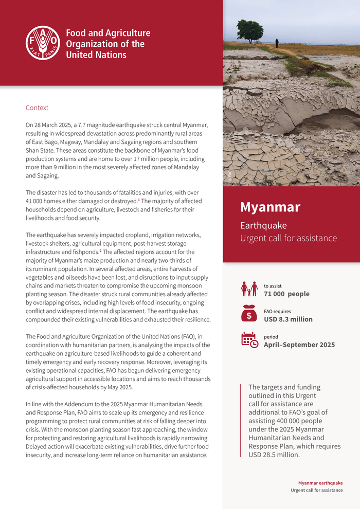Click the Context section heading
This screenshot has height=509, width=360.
[x=37, y=108]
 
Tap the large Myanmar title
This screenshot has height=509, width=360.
[x=270, y=207]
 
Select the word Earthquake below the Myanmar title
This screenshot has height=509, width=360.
[x=263, y=226]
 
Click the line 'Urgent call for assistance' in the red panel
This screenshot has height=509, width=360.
[x=288, y=238]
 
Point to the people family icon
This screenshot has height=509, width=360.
[x=249, y=289]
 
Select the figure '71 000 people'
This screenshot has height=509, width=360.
[x=286, y=294]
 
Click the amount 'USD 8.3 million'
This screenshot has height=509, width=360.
[x=288, y=319]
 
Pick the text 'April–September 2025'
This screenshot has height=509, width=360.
[x=299, y=344]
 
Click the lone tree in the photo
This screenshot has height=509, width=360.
[x=250, y=30]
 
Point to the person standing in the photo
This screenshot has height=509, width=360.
[x=277, y=43]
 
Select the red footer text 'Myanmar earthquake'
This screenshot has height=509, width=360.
[x=320, y=483]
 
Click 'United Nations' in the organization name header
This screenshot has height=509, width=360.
[x=96, y=54]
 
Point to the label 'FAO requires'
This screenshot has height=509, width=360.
[x=277, y=311]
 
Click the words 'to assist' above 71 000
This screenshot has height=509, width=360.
[x=273, y=286]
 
